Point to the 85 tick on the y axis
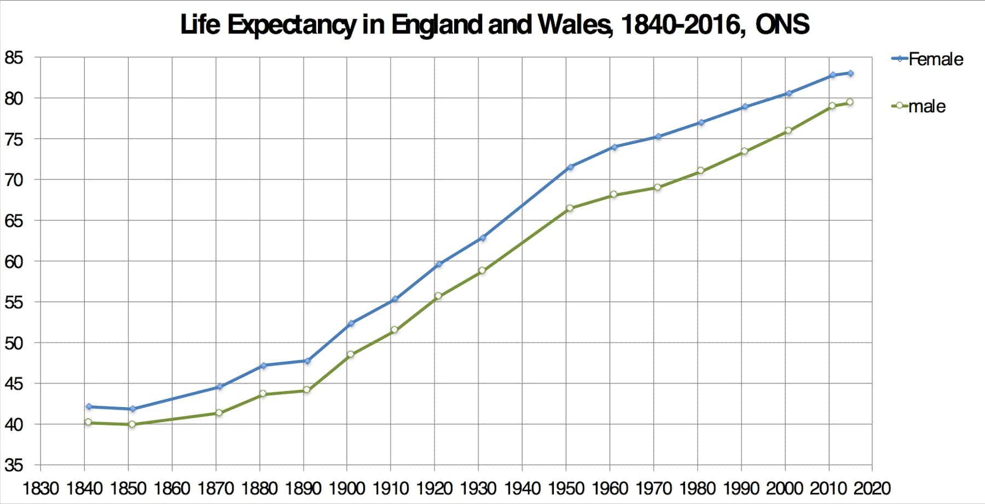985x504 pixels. click(x=14, y=57)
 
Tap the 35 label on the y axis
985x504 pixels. click(x=14, y=466)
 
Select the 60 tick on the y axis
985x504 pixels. click(x=14, y=262)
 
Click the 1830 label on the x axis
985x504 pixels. click(x=40, y=488)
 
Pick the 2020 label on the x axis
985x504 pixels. click(x=872, y=488)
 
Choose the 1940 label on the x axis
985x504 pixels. click(x=522, y=488)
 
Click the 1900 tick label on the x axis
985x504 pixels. click(x=347, y=488)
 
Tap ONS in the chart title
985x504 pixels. click(x=782, y=25)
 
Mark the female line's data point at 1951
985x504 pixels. click(x=570, y=167)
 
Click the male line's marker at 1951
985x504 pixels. click(x=570, y=208)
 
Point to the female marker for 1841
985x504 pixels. click(x=89, y=407)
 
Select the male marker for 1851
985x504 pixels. click(x=132, y=424)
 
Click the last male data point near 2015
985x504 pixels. click(x=850, y=102)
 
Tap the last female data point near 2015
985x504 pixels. click(x=850, y=73)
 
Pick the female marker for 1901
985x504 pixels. click(x=351, y=323)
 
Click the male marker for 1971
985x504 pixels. click(x=657, y=187)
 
